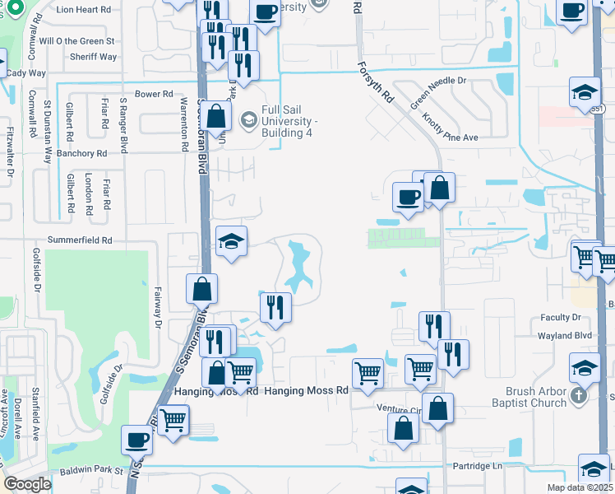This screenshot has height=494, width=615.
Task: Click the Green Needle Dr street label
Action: coord(438,93)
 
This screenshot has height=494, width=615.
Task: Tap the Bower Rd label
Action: coord(154,95)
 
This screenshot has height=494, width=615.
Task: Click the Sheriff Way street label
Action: coord(95,57)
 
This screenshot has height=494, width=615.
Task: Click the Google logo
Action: coord(27,484)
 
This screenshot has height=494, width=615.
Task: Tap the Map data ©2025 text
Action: coord(580,487)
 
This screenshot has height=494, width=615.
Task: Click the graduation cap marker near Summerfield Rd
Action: coord(232,242)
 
